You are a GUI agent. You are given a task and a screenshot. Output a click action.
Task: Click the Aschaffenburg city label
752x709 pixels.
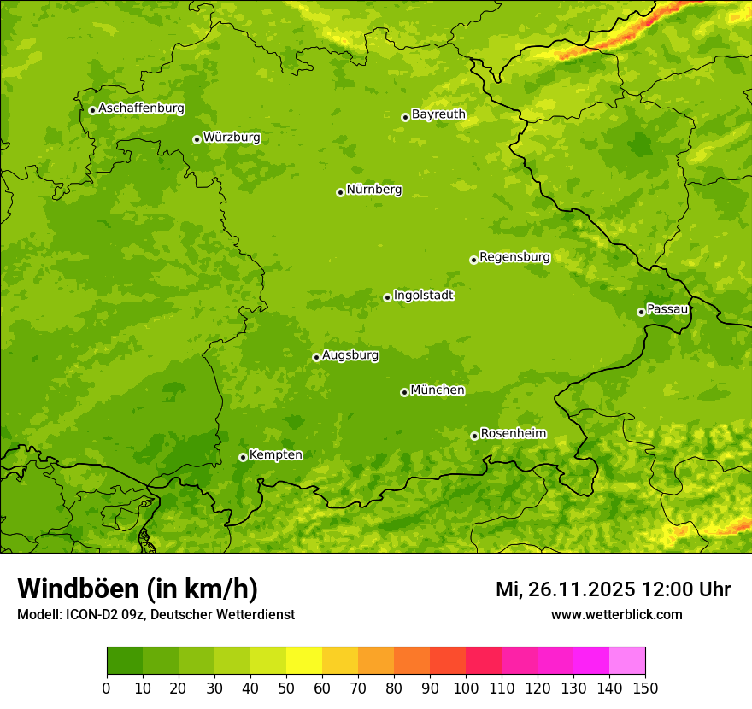coord(141,108)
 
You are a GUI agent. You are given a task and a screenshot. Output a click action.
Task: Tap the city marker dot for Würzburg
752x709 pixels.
coord(197,139)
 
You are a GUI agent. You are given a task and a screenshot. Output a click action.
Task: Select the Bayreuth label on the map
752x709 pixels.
coord(438,114)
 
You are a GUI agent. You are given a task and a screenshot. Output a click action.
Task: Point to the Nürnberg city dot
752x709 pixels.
coord(340,192)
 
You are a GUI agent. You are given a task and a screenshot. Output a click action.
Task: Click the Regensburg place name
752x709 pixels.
coord(514,257)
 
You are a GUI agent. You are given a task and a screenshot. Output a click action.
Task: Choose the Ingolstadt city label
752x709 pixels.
coord(423,296)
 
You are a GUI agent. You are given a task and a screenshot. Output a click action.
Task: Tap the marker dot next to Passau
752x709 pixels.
coord(641,312)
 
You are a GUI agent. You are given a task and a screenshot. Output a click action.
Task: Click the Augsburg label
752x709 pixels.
coord(350,355)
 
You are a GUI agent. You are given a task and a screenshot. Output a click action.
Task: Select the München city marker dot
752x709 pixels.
coord(404,392)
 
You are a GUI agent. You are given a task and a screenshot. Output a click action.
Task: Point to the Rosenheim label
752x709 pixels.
coord(513,434)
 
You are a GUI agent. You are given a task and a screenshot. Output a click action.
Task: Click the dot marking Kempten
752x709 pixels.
coord(243,457)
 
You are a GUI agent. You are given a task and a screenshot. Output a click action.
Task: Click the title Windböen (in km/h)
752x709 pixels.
coord(137,589)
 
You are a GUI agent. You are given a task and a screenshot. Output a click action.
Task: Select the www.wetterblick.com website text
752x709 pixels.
coord(616,614)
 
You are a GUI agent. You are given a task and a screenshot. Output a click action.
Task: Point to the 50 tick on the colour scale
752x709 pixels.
coord(286,688)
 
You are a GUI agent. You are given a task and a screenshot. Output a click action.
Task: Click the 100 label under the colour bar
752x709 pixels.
coord(466,688)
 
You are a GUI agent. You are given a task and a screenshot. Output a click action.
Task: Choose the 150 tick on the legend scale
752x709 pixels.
coord(645,688)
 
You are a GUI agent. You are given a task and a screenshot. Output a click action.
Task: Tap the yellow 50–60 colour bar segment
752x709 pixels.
coord(304,661)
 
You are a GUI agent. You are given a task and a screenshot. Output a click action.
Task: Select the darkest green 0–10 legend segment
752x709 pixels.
coord(125,661)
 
